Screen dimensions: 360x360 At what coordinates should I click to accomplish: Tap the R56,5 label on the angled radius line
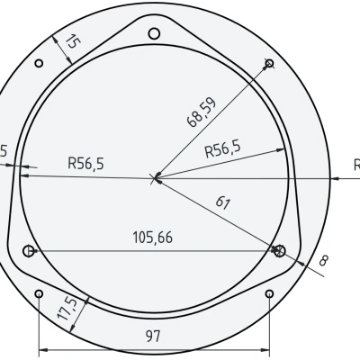pyautogui.click(x=222, y=150)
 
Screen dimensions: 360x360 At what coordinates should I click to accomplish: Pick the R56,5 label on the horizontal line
pyautogui.click(x=86, y=164)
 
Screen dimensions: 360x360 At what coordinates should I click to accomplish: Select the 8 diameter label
pyautogui.click(x=323, y=261)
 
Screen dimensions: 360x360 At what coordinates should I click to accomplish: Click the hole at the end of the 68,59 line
pyautogui.click(x=269, y=63)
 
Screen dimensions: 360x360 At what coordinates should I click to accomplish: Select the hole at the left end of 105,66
pyautogui.click(x=29, y=250)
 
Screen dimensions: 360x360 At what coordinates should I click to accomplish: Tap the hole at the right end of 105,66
pyautogui.click(x=279, y=249)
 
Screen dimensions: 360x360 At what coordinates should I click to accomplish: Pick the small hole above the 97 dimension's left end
pyautogui.click(x=38, y=293)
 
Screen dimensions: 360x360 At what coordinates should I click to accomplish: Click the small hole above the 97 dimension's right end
pyautogui.click(x=271, y=293)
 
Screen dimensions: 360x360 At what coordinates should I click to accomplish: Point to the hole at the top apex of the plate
pyautogui.click(x=154, y=33)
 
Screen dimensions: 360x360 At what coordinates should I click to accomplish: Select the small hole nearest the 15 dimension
pyautogui.click(x=38, y=64)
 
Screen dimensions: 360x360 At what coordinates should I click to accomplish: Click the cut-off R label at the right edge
pyautogui.click(x=355, y=165)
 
